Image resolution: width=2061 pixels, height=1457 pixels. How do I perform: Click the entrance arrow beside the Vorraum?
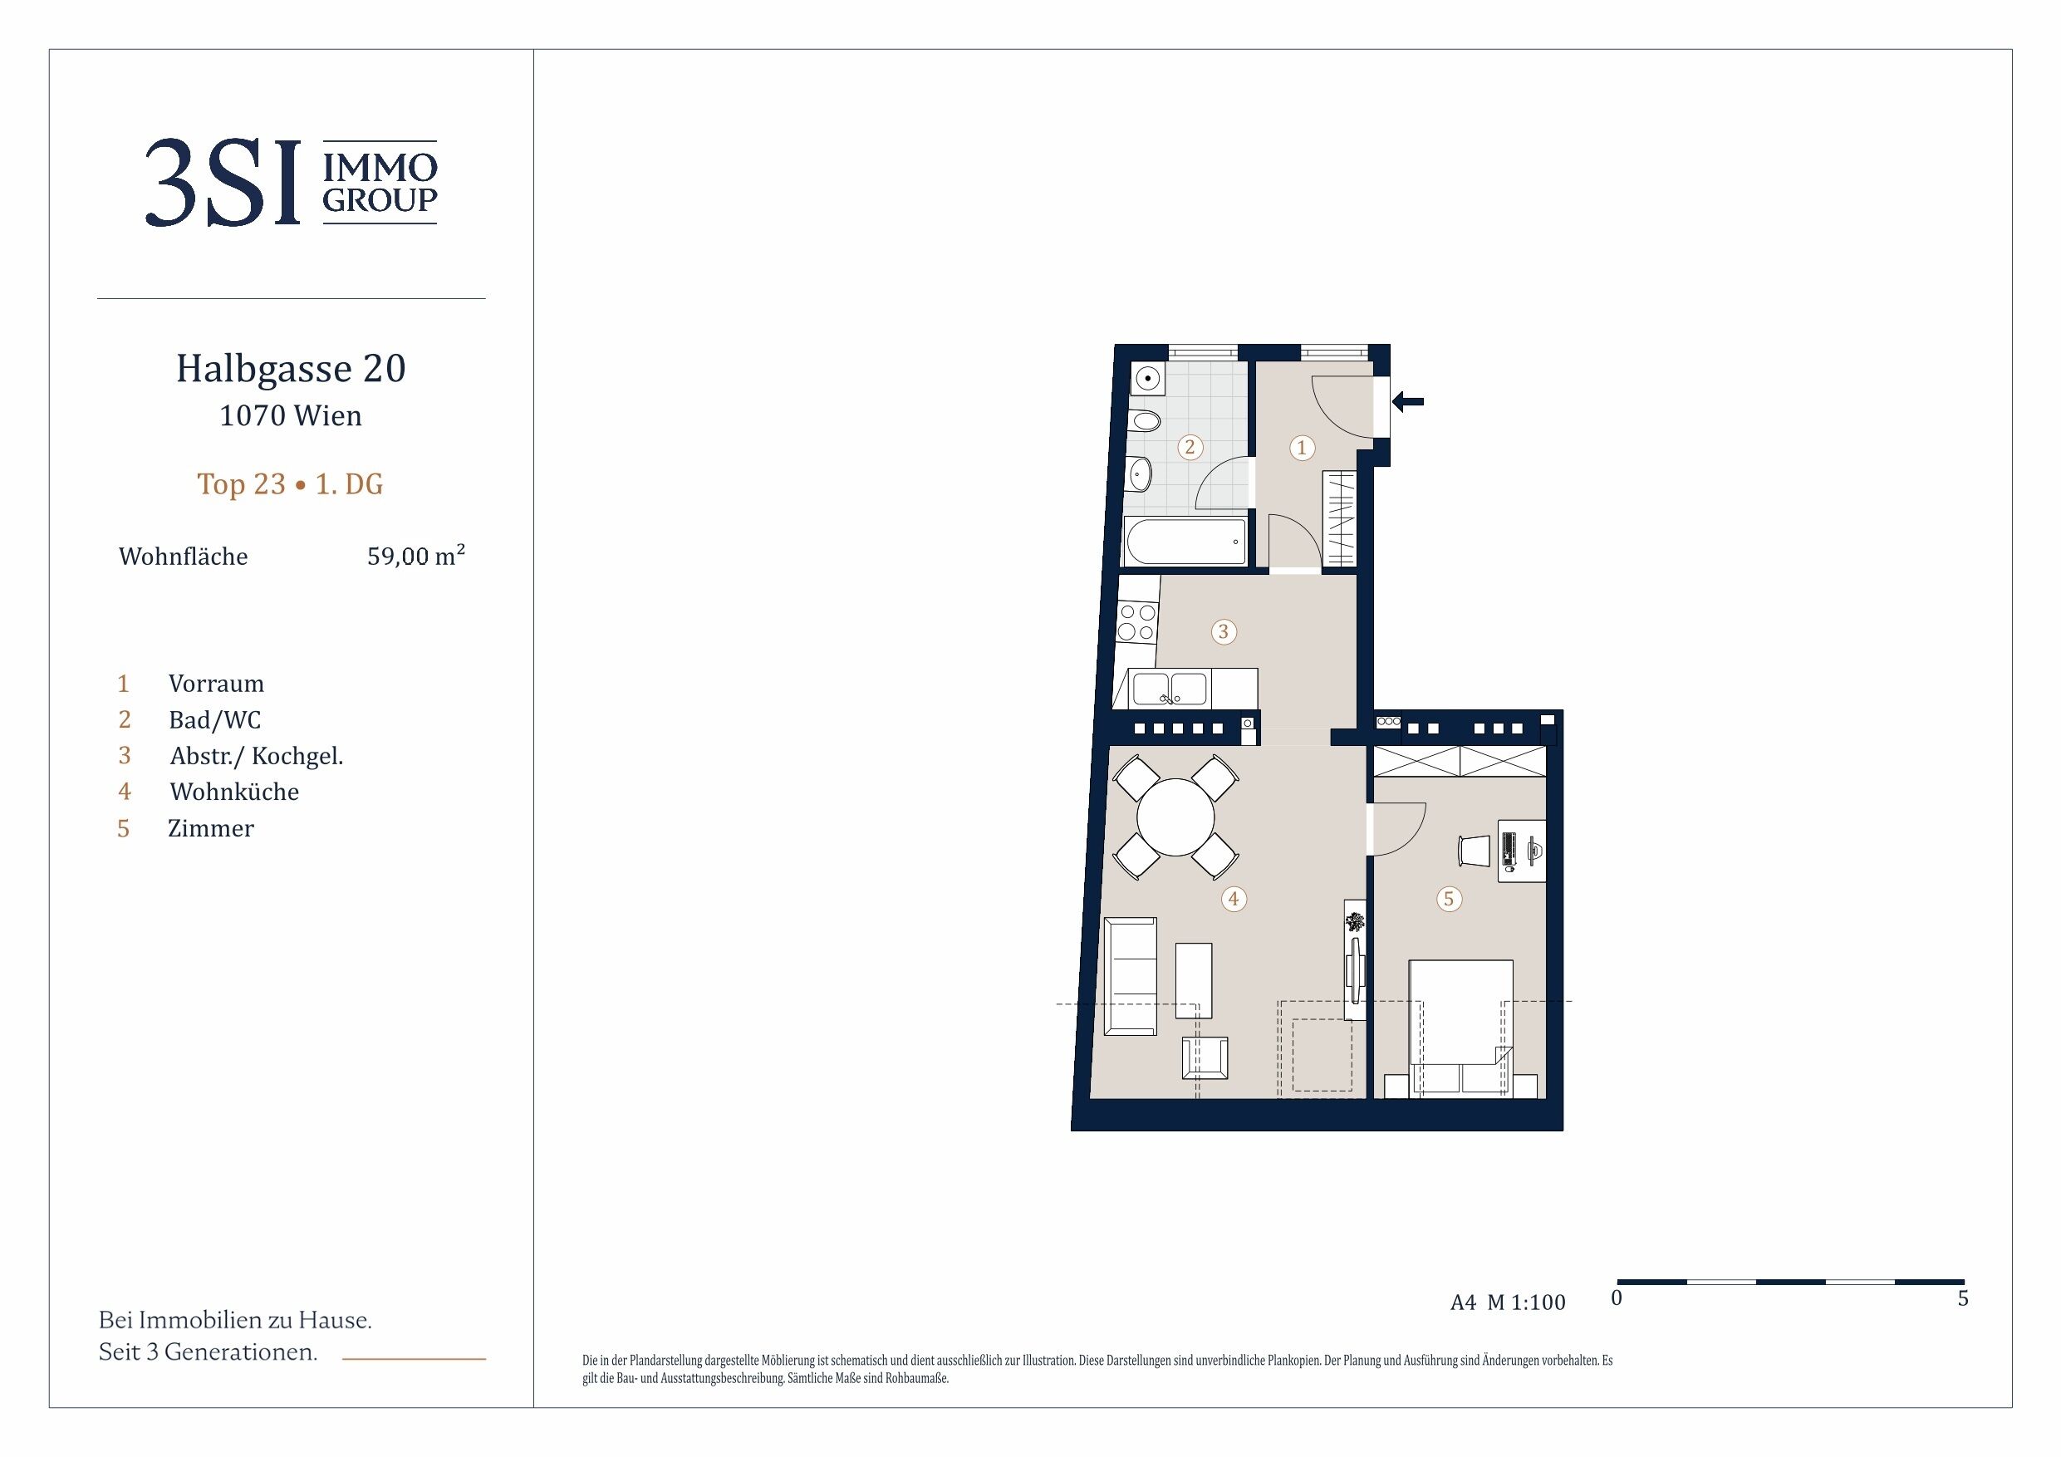[1407, 402]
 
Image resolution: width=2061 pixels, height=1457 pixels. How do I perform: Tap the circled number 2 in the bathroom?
[1190, 447]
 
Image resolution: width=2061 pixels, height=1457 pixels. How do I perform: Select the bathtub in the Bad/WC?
[1185, 542]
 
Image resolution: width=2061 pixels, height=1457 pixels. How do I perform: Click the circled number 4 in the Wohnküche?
[1234, 899]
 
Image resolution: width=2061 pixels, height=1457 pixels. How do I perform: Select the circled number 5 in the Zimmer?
[1448, 899]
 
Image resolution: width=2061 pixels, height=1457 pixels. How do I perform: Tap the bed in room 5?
[1460, 1028]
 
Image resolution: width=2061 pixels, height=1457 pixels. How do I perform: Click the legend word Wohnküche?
[234, 792]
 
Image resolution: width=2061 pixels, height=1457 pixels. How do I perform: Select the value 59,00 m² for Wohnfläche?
[416, 556]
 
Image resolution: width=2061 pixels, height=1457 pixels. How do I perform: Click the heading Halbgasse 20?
[291, 369]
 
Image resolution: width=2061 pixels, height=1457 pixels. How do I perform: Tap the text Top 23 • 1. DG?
[290, 484]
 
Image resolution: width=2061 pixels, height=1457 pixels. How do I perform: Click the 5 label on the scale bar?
[1963, 1298]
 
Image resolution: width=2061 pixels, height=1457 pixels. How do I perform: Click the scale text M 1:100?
[1526, 1302]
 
